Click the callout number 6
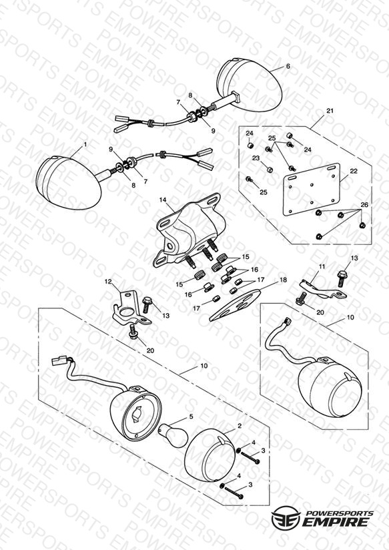click(288, 66)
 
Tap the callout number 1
click(85, 144)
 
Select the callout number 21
click(330, 111)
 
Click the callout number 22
click(354, 171)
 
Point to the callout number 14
click(163, 200)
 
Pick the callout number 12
click(108, 281)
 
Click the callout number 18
click(283, 280)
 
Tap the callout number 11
click(322, 266)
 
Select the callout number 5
click(191, 417)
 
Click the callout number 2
click(240, 426)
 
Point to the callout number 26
click(364, 205)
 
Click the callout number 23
click(256, 158)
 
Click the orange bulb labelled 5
click(173, 435)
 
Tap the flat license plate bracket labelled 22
click(311, 189)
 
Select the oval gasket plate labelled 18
click(235, 304)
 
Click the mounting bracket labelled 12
click(131, 306)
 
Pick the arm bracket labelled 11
click(322, 288)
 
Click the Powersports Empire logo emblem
click(286, 517)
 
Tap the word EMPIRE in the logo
click(336, 521)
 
